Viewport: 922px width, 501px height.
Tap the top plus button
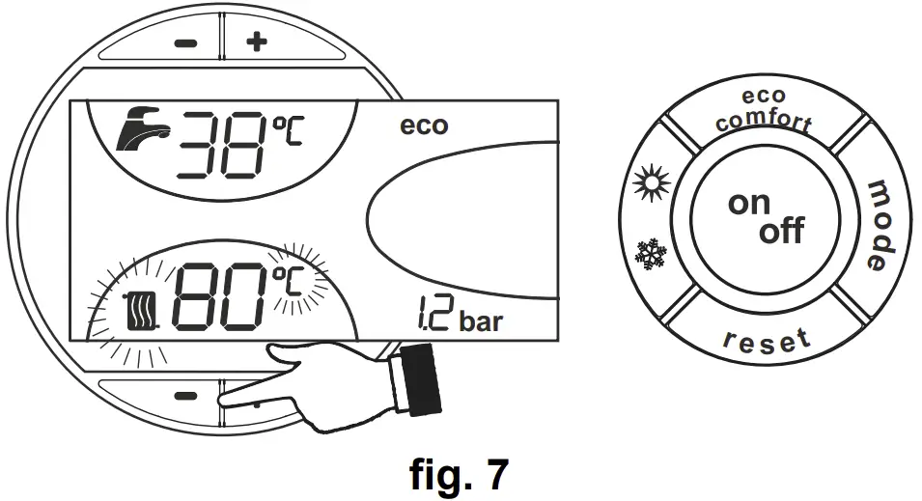click(x=256, y=43)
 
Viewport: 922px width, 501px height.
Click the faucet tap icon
click(x=143, y=132)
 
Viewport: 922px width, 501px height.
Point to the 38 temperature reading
click(x=215, y=143)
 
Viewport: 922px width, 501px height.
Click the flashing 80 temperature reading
click(x=217, y=296)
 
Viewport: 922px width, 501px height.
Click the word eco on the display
click(x=424, y=125)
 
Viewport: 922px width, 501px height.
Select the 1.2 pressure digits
click(x=429, y=317)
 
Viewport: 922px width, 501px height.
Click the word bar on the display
click(x=481, y=321)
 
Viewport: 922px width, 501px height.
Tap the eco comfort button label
click(x=764, y=111)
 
